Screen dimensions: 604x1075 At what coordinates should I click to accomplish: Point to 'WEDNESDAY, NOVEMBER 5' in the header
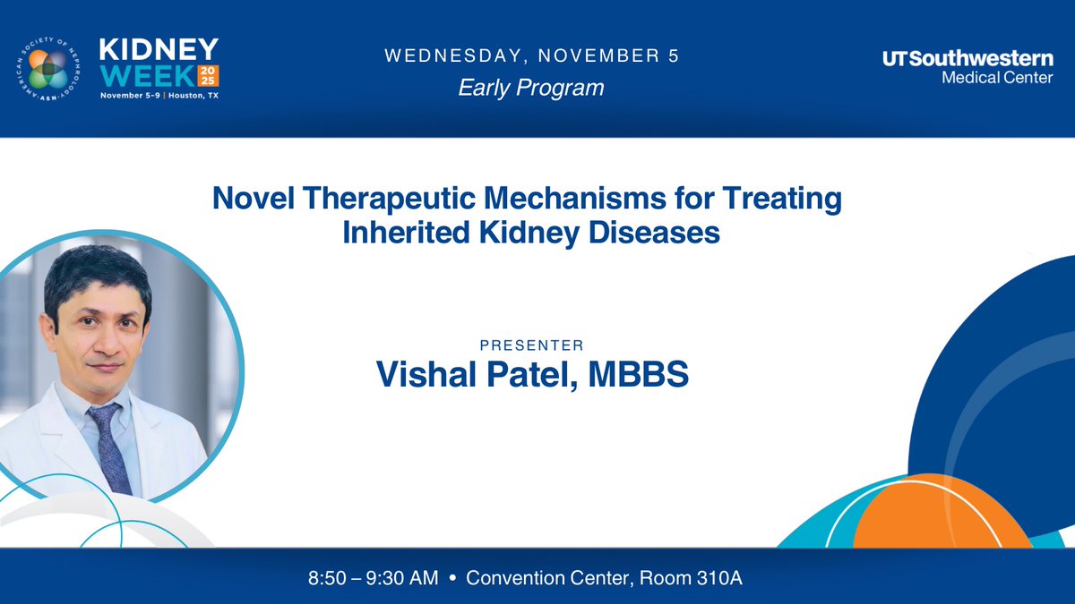(x=531, y=56)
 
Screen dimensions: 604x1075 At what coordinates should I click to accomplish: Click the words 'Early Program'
(x=531, y=88)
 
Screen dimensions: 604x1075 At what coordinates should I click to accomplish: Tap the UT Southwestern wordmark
(x=967, y=59)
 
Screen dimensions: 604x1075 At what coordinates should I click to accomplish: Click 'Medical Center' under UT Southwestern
(x=997, y=78)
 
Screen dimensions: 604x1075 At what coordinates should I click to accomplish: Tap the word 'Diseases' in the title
(x=663, y=233)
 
